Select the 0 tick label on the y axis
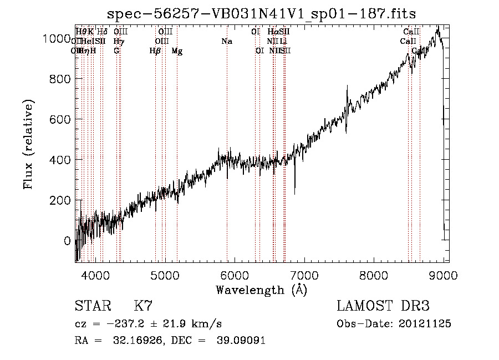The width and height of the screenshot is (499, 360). click(67, 241)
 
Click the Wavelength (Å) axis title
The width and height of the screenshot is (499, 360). click(262, 290)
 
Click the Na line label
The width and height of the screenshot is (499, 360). click(226, 41)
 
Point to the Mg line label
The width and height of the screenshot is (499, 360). click(177, 51)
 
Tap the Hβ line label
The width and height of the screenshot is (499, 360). click(155, 51)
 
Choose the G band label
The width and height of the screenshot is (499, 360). click(116, 51)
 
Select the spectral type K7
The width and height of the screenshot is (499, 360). click(143, 306)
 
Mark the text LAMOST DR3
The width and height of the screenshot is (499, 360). click(383, 306)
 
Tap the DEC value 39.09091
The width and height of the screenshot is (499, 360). click(243, 341)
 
